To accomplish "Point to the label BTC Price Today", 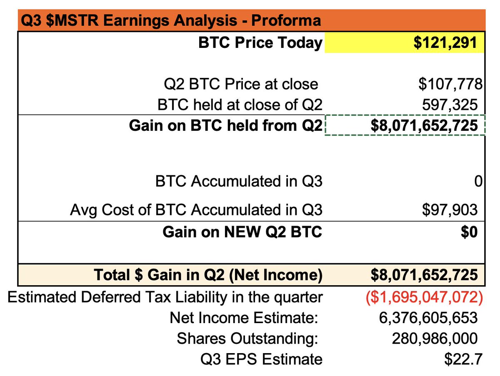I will coord(260,43).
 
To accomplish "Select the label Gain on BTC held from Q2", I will coord(225,125).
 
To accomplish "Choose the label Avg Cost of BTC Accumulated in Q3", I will coord(196,210).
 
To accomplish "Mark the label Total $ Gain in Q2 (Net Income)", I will coord(208,275).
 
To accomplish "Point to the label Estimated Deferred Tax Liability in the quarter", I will coord(165,297).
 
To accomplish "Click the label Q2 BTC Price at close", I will coord(241,84).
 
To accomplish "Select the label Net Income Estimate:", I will coord(244,318).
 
